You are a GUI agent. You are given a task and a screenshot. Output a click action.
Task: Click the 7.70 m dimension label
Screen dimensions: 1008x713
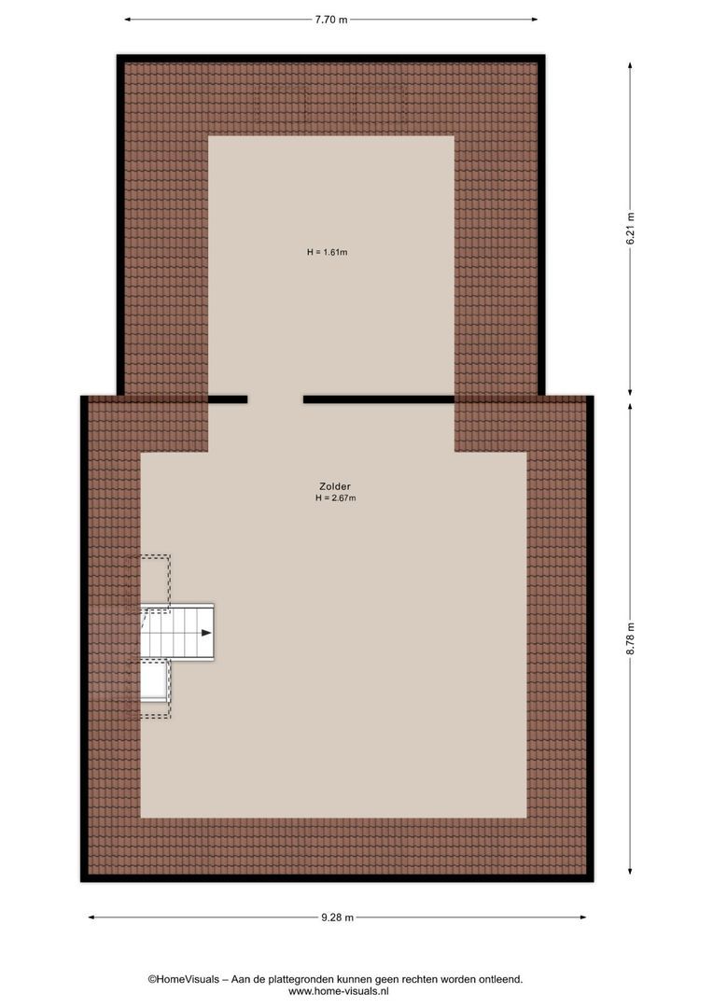tap(330, 19)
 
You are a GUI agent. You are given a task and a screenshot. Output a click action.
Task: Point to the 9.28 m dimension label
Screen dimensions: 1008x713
tap(337, 917)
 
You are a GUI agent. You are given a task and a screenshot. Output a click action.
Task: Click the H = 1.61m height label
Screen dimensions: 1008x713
tap(327, 252)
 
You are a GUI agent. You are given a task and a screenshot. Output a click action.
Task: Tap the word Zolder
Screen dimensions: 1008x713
tap(333, 486)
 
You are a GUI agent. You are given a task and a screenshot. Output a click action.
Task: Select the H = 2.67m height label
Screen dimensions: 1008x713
tap(336, 498)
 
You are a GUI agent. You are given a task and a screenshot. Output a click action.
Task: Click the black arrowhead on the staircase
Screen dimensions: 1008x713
tap(204, 633)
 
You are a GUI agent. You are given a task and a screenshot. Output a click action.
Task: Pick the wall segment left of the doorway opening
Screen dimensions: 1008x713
tap(228, 399)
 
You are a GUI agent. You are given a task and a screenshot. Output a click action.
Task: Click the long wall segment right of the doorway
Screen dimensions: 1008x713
tap(378, 399)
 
